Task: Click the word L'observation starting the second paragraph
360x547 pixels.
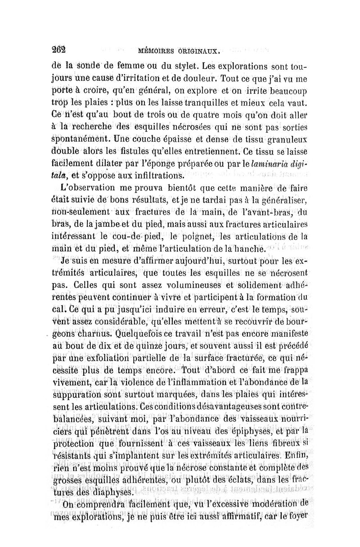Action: (94, 186)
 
